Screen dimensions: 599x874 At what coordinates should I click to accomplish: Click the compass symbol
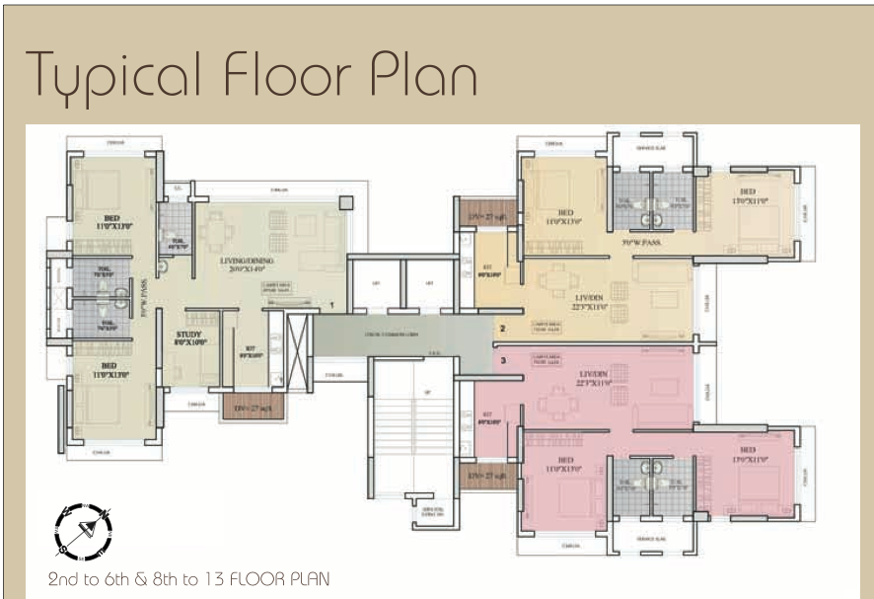(82, 528)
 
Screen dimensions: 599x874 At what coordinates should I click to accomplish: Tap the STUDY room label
(188, 337)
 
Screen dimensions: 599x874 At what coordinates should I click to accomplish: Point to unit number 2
(502, 328)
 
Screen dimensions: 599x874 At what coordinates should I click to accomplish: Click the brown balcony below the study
(253, 407)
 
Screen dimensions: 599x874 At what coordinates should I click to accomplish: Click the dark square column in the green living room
(344, 201)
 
